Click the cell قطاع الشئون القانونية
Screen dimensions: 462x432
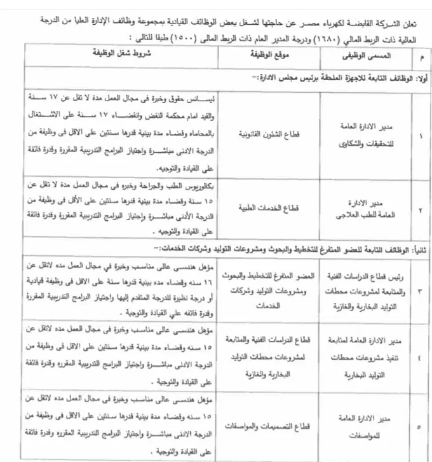(256, 135)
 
